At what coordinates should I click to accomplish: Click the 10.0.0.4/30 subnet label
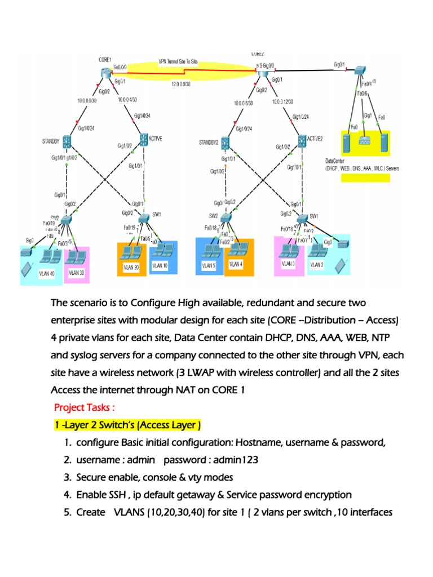point(130,100)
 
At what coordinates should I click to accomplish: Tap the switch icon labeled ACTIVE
point(143,139)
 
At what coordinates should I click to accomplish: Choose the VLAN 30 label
point(76,272)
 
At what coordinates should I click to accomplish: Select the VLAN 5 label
point(209,265)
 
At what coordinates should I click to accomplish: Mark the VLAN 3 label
point(288,263)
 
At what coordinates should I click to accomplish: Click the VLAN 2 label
point(317,264)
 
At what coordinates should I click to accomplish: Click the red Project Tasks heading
point(84,407)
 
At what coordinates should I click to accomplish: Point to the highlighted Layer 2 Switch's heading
point(127,424)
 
